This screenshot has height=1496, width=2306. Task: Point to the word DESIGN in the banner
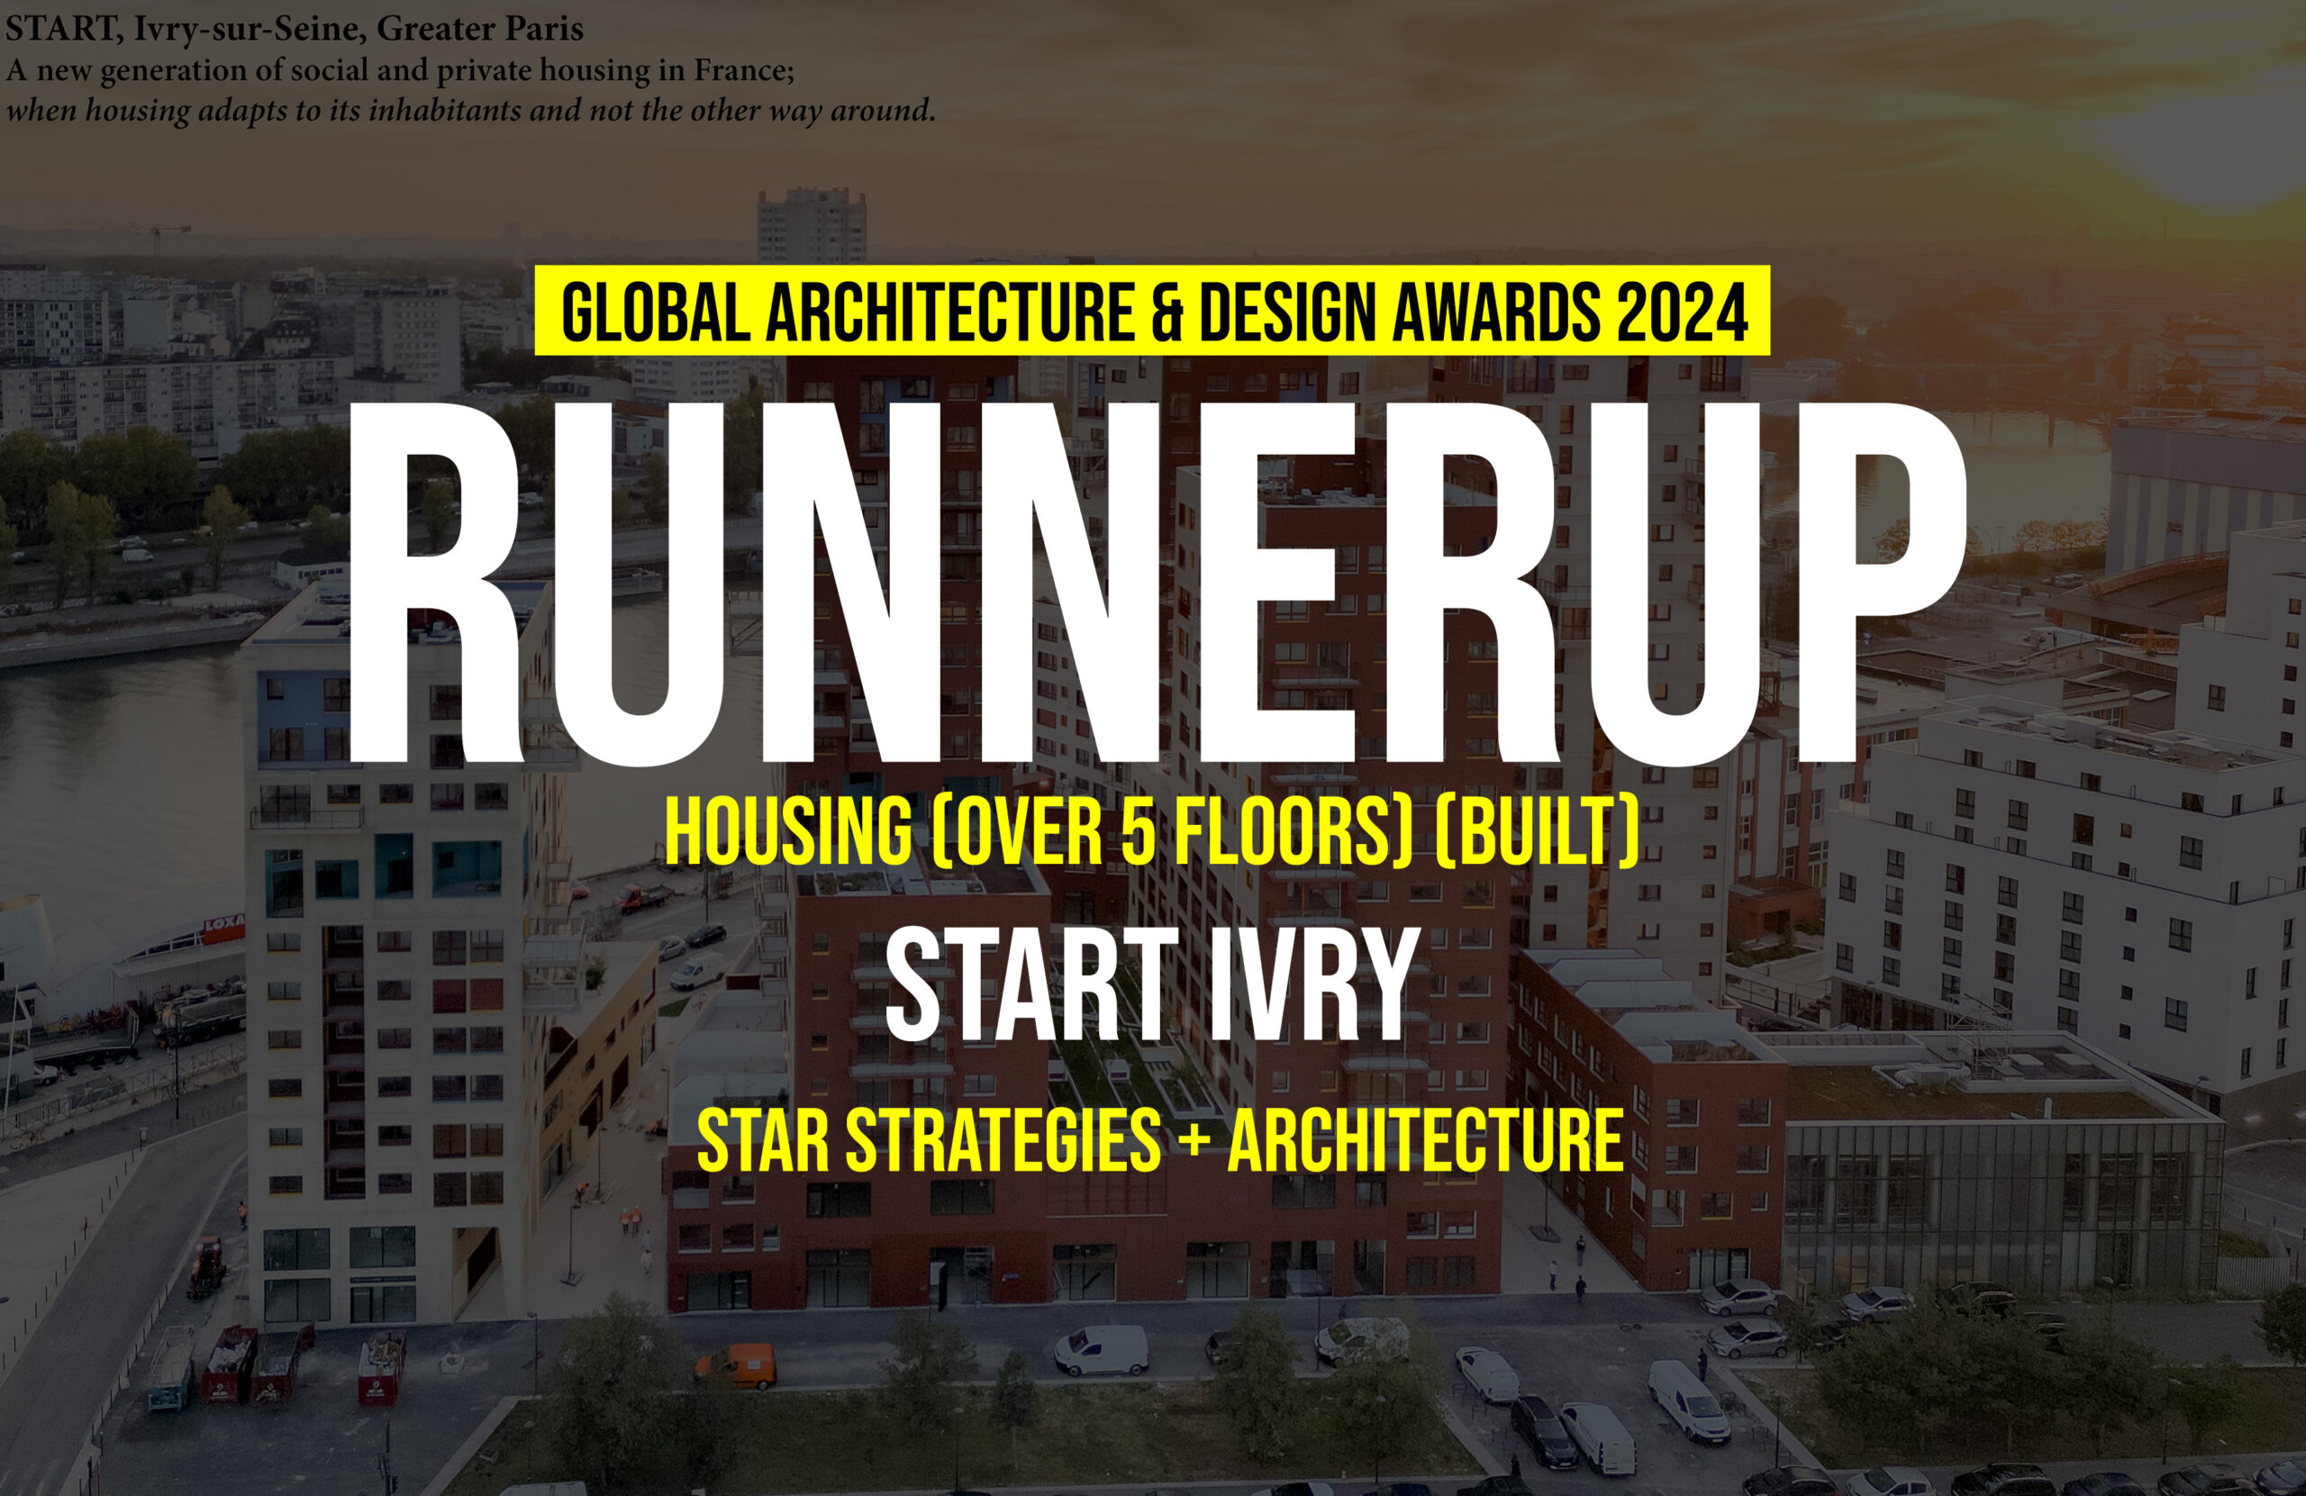coord(1288,312)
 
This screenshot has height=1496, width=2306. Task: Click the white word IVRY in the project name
coord(1315,984)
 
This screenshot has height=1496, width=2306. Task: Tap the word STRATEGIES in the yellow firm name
coord(1003,1140)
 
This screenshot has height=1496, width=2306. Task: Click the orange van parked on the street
coord(739,1365)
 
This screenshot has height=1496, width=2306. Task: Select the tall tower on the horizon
coord(811,225)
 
